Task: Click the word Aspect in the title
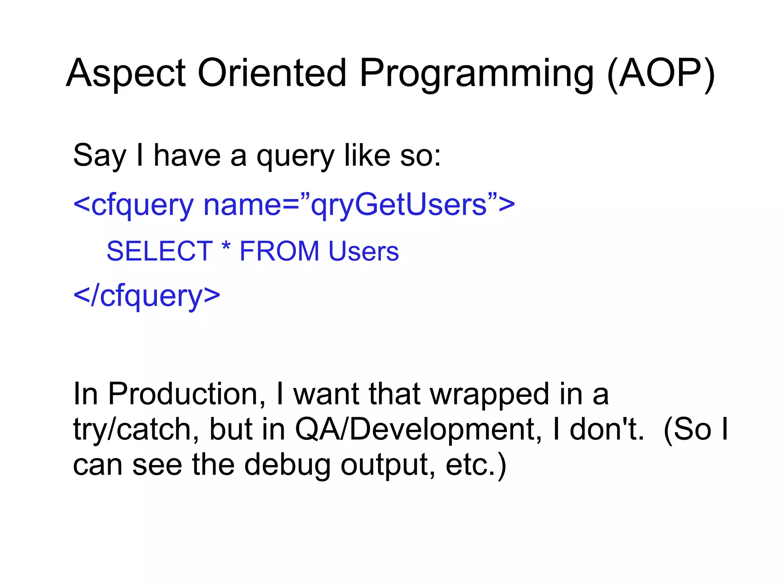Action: (x=126, y=74)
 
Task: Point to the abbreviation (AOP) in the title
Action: (x=661, y=73)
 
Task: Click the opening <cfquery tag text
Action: (x=134, y=205)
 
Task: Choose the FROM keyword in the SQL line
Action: (x=279, y=251)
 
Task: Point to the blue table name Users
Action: (x=364, y=251)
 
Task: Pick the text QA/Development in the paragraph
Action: (x=418, y=429)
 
